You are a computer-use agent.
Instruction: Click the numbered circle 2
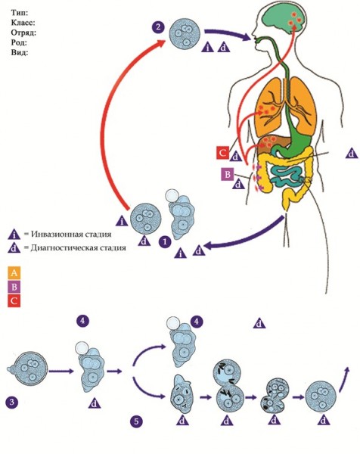[x=158, y=27]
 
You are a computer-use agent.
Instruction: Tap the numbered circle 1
[x=165, y=241]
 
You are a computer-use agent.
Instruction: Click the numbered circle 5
[x=136, y=421]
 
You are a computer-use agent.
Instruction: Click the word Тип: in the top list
[x=20, y=13]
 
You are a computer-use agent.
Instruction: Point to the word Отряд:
[x=23, y=33]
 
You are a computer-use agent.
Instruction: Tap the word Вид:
[x=20, y=53]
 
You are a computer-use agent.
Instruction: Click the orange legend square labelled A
[x=14, y=273]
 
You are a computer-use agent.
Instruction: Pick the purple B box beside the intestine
[x=228, y=174]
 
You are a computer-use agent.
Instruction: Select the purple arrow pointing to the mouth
[x=227, y=34]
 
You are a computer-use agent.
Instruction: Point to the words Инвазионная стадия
[x=71, y=234]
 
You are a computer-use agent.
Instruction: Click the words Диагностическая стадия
[x=79, y=248]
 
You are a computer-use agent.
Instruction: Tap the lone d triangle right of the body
[x=352, y=153]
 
